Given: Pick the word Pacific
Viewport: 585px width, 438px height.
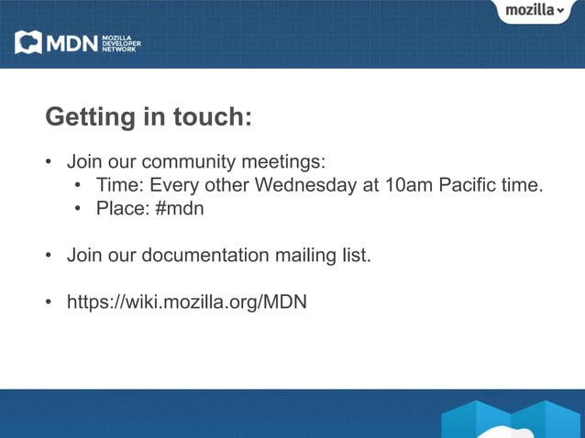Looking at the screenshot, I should point(469,185).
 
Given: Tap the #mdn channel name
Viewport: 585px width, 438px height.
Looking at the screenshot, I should point(180,208).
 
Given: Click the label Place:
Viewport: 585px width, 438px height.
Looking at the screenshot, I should point(123,208).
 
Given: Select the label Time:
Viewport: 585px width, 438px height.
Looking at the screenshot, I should point(120,185).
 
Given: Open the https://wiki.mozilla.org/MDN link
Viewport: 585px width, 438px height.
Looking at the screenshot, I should point(186,301).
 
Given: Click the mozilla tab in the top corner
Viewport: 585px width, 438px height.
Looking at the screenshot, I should point(529,10).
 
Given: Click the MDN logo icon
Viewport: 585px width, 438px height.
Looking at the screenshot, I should point(28,42).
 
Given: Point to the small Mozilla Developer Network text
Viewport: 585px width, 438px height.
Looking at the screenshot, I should point(120,42).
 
